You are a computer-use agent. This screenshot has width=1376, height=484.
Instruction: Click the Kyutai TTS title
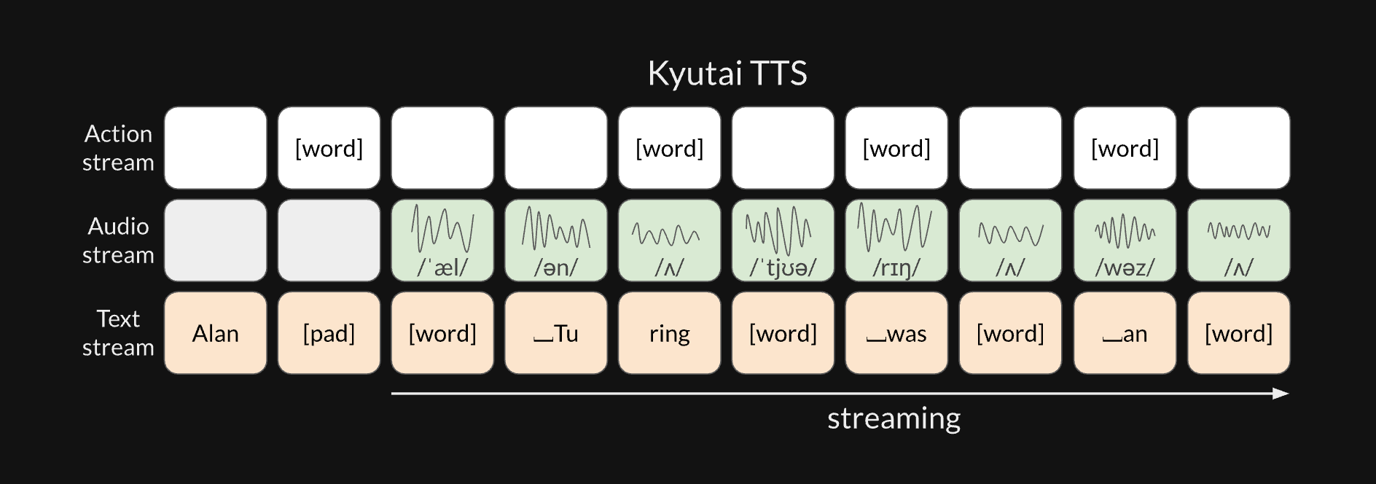tap(727, 73)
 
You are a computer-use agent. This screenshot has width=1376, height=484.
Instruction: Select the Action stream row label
tap(118, 148)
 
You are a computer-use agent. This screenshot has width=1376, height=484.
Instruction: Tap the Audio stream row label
tap(118, 241)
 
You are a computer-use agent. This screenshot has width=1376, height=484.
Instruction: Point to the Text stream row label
tap(118, 333)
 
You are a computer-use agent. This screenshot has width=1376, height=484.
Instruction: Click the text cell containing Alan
tap(215, 333)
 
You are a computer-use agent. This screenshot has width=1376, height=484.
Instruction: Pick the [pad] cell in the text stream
tap(329, 333)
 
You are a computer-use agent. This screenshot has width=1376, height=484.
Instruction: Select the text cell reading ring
tap(669, 333)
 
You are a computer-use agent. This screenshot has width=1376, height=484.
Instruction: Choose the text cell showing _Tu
tap(556, 333)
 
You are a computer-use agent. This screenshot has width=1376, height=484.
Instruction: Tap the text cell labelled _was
tap(896, 333)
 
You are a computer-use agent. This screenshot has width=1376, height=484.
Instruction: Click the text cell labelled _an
tap(1125, 333)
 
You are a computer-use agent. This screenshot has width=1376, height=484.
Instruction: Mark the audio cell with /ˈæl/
tap(442, 241)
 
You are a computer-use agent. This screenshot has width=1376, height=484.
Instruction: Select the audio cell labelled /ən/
tap(556, 241)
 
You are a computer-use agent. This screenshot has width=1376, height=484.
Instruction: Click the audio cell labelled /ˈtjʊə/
tap(783, 241)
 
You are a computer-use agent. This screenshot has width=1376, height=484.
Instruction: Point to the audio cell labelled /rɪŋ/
tap(896, 241)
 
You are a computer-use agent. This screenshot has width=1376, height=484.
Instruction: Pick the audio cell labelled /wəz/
tap(1125, 241)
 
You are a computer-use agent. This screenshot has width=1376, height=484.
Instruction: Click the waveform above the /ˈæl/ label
tap(442, 228)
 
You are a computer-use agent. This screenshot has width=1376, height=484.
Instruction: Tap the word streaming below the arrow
tap(894, 418)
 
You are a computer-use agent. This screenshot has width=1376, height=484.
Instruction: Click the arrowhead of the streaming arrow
tap(1281, 394)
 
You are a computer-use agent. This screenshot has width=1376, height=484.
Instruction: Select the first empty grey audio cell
tap(215, 241)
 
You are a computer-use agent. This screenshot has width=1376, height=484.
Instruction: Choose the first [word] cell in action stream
tap(329, 148)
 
